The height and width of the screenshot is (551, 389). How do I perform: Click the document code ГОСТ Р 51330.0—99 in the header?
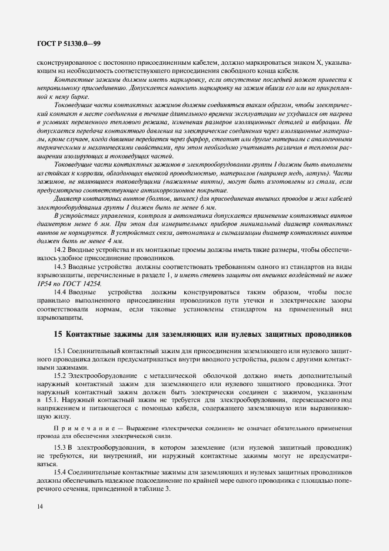pyautogui.click(x=67, y=44)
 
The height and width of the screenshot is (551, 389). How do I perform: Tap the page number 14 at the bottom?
pyautogui.click(x=39, y=506)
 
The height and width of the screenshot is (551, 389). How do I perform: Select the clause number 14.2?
pyautogui.click(x=61, y=250)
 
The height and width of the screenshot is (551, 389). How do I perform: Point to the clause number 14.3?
pyautogui.click(x=61, y=267)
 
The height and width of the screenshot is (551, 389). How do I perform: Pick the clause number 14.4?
pyautogui.click(x=61, y=292)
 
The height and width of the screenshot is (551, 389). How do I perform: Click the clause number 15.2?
pyautogui.click(x=61, y=375)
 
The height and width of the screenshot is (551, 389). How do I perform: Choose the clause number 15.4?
pyautogui.click(x=61, y=473)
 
